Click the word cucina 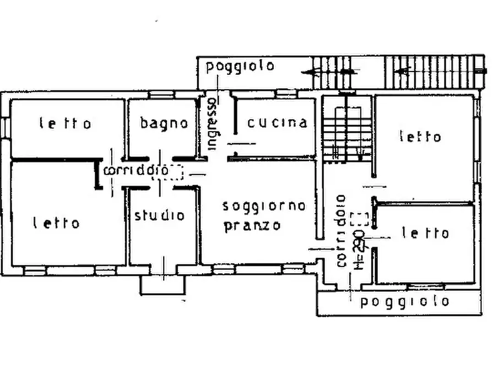click(x=277, y=122)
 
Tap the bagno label click(x=164, y=123)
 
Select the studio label click(x=160, y=215)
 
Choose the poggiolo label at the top click(x=240, y=67)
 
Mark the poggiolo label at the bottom click(x=404, y=301)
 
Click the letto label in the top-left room click(x=65, y=123)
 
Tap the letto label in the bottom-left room click(x=56, y=223)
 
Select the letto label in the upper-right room click(x=420, y=136)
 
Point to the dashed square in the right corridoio click(x=359, y=219)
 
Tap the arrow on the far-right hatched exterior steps click(x=405, y=71)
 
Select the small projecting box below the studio click(x=163, y=285)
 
